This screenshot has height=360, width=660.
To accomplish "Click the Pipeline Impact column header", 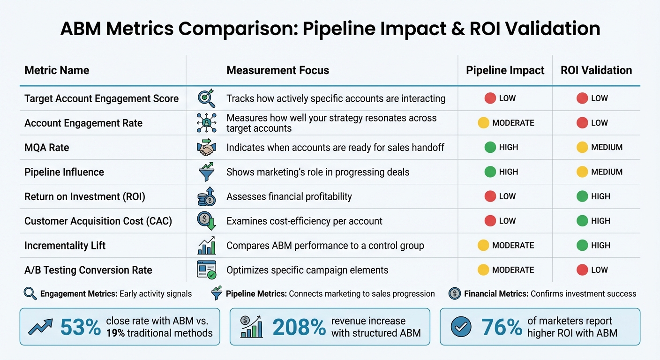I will coord(505,70).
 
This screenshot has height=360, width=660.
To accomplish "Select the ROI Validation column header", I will coord(596,70).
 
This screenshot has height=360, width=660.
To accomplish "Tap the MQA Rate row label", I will coord(46,148).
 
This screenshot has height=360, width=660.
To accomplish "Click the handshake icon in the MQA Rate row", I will coord(206,148).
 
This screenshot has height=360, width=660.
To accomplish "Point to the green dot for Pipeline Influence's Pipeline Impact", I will coord(490,172).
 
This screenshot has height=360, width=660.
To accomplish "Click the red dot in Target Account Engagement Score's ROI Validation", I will coord(582,98).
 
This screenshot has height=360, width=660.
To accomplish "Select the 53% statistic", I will coord(80,327).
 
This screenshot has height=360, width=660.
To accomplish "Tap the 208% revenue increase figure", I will coord(299,327).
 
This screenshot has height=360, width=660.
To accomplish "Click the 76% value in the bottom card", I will coord(502,327).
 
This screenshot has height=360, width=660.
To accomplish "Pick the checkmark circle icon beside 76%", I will coord(461,327).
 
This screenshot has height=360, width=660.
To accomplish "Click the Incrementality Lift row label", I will coord(65,245).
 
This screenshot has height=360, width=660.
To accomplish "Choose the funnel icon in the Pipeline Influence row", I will coord(206,172).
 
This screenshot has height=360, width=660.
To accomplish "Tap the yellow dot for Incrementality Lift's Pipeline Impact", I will coord(483,245).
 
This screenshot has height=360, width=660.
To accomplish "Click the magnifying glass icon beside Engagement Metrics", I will coord(30,294).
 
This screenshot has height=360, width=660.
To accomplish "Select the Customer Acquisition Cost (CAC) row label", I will coord(98,221).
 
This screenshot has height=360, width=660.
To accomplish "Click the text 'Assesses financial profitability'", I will coord(289,196).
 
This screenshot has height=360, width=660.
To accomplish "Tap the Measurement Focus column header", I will coord(277,70).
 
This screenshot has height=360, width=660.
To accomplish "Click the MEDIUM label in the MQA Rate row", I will coord(607,148).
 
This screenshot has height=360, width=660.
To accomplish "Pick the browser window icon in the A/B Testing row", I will coord(206,270).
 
